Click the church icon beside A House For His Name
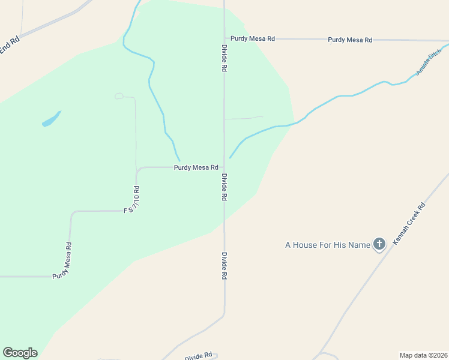click(379, 244)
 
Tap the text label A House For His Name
click(327, 245)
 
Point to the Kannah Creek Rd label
click(409, 223)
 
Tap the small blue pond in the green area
click(51, 119)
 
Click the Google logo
click(20, 353)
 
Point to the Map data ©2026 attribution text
click(423, 355)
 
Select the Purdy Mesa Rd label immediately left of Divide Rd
click(196, 168)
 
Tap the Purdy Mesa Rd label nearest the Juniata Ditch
click(350, 40)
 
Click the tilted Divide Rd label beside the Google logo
click(199, 356)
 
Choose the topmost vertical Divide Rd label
click(224, 58)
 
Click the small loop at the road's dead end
click(119, 95)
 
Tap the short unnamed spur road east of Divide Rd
click(244, 118)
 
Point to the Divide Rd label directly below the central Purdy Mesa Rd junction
click(224, 187)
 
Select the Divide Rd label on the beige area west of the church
click(224, 265)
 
